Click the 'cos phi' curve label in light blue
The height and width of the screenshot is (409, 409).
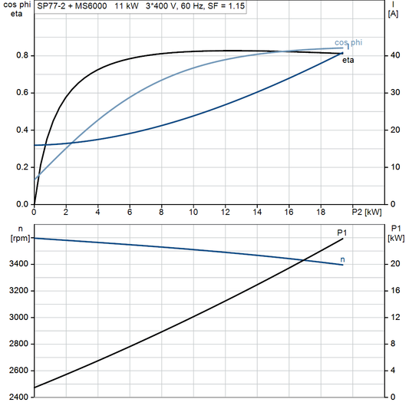348,43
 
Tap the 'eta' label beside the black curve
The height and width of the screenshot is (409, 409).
348,60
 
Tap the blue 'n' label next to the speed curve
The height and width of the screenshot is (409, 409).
342,259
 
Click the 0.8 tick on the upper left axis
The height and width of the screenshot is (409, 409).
21,56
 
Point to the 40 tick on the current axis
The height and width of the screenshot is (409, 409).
394,56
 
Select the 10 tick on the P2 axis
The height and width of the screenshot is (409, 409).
193,212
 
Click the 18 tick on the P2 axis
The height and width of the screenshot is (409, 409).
320,212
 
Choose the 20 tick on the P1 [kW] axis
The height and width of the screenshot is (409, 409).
394,265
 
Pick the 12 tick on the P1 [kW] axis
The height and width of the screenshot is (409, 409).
394,318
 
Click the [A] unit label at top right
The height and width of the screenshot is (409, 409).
393,13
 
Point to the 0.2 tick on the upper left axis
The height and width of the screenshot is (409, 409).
21,167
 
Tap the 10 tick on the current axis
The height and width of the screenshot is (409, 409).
394,167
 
